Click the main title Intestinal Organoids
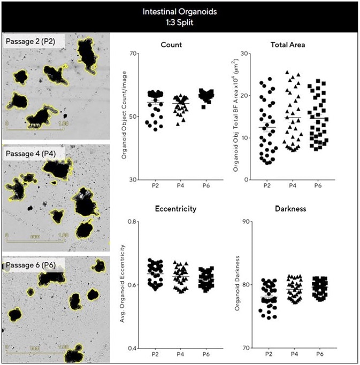tap(180, 10)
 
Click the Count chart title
tap(171, 44)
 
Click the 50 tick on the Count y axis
tap(134, 117)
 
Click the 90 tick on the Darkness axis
tap(247, 221)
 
